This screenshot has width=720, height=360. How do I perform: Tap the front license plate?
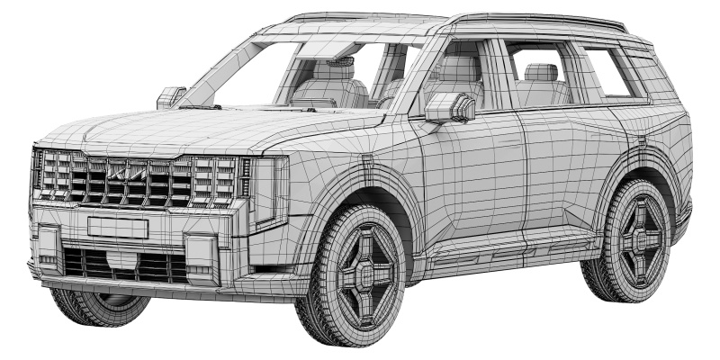point(117,227)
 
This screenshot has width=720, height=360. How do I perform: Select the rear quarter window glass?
point(612,72)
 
